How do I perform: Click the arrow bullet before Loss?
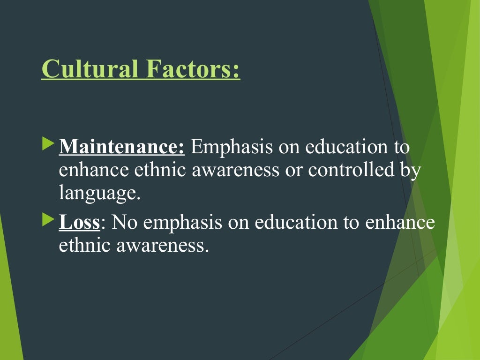pos(48,219)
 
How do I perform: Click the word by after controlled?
pos(410,171)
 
